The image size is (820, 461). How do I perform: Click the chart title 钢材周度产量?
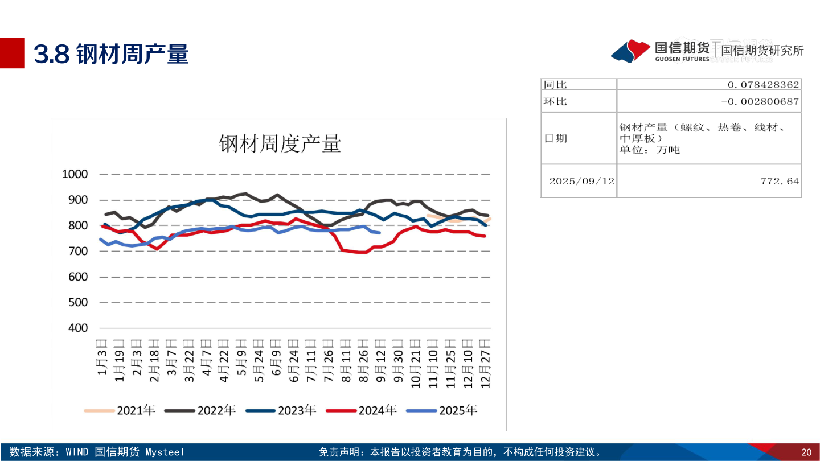(280, 144)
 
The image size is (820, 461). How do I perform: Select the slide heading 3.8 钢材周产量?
(111, 54)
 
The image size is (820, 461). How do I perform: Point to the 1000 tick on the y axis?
(75, 174)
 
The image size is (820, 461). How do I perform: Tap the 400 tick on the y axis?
(78, 328)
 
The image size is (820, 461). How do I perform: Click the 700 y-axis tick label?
(78, 251)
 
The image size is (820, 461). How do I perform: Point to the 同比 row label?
(555, 84)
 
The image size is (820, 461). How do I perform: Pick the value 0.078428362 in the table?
(763, 84)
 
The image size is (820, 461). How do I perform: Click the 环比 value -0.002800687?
(760, 101)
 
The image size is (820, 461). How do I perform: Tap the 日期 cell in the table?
(555, 138)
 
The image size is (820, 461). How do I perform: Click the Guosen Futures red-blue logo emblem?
(630, 51)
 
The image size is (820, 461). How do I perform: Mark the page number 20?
(806, 452)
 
